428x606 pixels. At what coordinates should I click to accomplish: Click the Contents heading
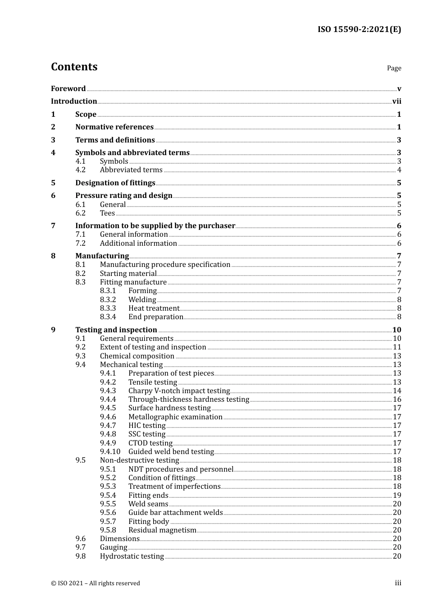(74, 67)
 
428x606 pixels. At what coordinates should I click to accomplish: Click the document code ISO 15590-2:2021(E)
(359, 29)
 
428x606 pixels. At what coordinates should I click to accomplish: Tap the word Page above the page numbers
(394, 68)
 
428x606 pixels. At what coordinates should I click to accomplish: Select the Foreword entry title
(68, 89)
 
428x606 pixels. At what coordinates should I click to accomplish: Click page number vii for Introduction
(396, 101)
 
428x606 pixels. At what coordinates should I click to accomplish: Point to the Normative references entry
(114, 127)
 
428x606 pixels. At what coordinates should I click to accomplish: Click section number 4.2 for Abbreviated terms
(80, 170)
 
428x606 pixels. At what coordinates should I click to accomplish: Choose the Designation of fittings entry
(115, 183)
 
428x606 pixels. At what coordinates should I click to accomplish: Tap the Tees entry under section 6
(107, 213)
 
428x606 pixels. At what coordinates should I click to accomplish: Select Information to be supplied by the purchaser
(155, 226)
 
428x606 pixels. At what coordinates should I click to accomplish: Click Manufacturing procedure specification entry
(165, 265)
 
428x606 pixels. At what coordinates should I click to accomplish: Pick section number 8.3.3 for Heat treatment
(108, 308)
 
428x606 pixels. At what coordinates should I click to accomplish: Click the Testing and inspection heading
(116, 330)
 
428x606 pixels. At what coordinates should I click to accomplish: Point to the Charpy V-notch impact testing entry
(179, 391)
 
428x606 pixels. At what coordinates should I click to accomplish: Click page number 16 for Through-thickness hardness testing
(397, 399)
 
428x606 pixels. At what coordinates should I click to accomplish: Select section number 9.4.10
(110, 452)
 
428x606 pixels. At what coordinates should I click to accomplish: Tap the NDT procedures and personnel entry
(181, 469)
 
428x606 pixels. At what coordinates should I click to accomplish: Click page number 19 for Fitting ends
(397, 496)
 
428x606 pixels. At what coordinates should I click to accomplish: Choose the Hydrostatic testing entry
(132, 556)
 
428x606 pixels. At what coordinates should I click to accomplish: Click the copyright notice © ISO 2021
(95, 583)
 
